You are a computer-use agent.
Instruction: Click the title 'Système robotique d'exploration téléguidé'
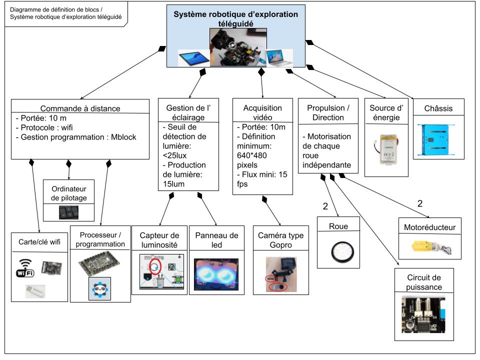pyautogui.click(x=235, y=18)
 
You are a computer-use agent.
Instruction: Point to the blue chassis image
pyautogui.click(x=438, y=138)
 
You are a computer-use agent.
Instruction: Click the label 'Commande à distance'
pyautogui.click(x=80, y=108)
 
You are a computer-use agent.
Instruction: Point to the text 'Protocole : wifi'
pyautogui.click(x=44, y=127)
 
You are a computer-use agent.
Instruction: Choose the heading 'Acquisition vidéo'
pyautogui.click(x=262, y=112)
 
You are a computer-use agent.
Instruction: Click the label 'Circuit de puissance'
pyautogui.click(x=423, y=282)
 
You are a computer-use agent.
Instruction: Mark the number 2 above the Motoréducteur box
pyautogui.click(x=420, y=204)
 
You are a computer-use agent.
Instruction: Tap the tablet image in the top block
pyautogui.click(x=193, y=58)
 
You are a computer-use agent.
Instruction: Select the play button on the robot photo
pyautogui.click(x=232, y=45)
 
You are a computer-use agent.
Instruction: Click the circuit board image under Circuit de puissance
pyautogui.click(x=423, y=315)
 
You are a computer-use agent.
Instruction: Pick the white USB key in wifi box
pyautogui.click(x=35, y=291)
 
